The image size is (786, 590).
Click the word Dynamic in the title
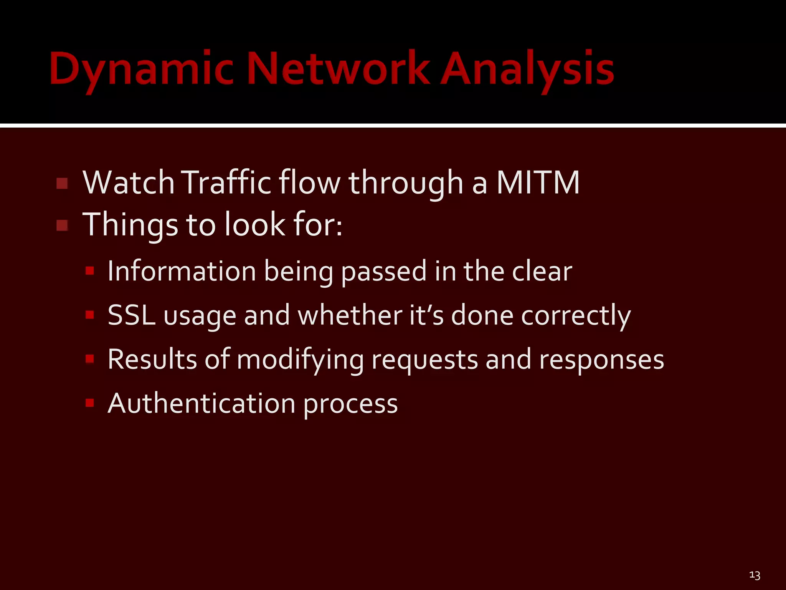[141, 69]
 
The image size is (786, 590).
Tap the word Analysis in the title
[527, 69]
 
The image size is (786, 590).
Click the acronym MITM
[538, 182]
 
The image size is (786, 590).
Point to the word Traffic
[226, 182]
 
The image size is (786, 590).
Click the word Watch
[129, 182]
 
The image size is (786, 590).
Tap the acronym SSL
[131, 315]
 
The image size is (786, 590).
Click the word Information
[182, 271]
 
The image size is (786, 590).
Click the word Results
[152, 359]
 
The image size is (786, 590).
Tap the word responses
[601, 360]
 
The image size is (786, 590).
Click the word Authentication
[201, 403]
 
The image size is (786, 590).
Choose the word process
[350, 404]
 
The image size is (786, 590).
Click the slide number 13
[755, 575]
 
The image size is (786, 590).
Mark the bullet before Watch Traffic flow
[62, 183]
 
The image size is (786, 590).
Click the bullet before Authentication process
[90, 403]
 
